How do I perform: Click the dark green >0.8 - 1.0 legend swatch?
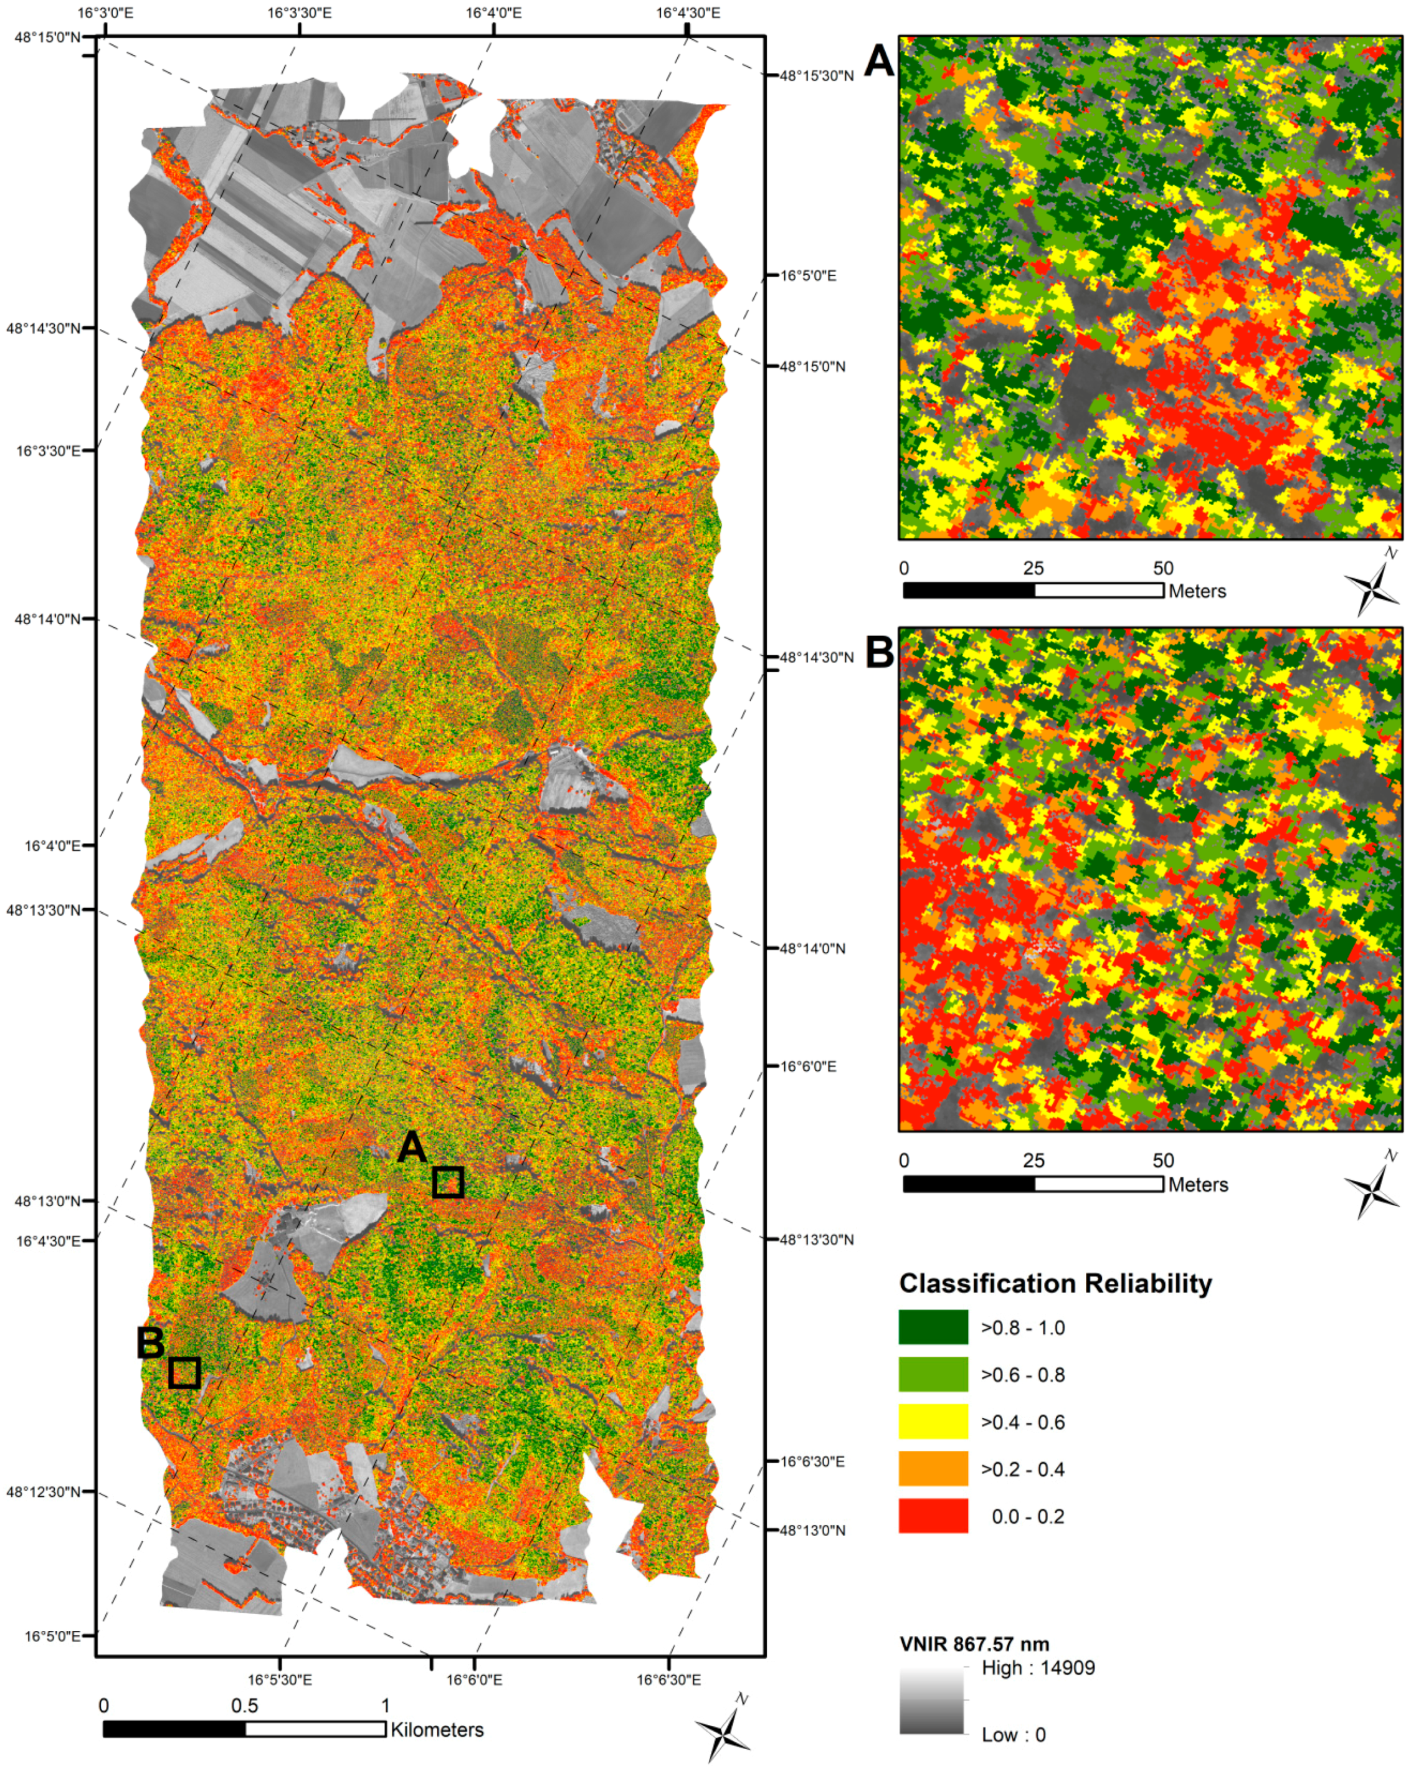[x=933, y=1327]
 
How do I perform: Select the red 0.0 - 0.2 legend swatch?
[x=933, y=1516]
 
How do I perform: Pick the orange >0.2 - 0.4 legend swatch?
[x=933, y=1469]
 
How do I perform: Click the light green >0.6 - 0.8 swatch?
[x=933, y=1374]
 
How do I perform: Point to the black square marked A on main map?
[x=448, y=1182]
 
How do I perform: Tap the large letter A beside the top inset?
[x=880, y=61]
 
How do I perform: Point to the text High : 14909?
[x=1038, y=1668]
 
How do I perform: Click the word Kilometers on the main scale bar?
[x=437, y=1730]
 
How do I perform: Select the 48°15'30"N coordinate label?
[x=815, y=75]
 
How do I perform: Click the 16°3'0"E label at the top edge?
[x=105, y=12]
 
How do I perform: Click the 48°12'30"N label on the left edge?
[x=44, y=1492]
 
